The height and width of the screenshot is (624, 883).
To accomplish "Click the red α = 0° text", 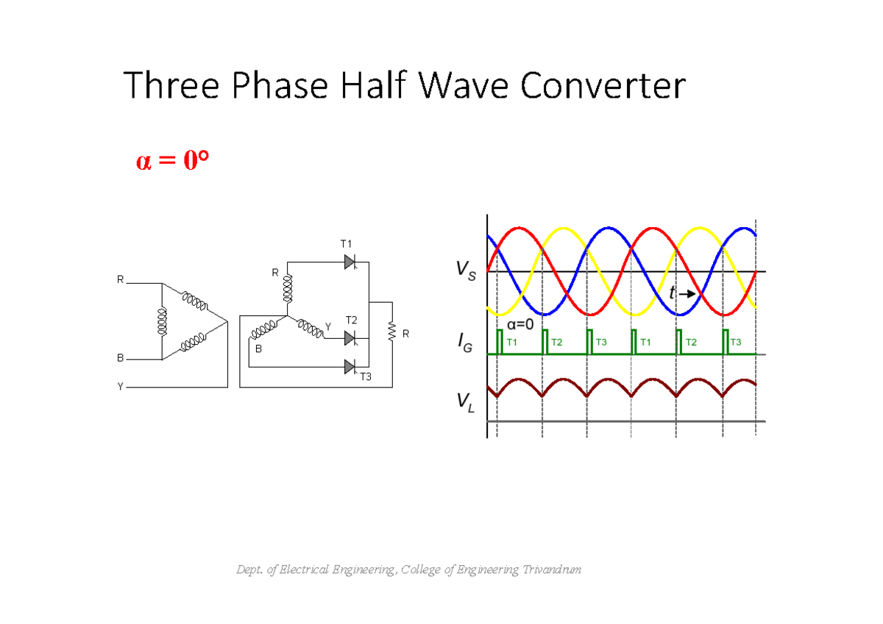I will pyautogui.click(x=167, y=162).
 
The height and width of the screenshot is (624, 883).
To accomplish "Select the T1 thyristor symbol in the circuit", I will pyautogui.click(x=350, y=262).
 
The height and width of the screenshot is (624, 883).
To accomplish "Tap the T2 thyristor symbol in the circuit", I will pyautogui.click(x=350, y=338).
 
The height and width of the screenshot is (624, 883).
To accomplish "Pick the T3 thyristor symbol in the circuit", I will pyautogui.click(x=350, y=366).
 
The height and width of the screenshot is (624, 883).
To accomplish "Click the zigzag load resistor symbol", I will pyautogui.click(x=391, y=331).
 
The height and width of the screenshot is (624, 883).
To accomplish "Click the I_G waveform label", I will pyautogui.click(x=465, y=342).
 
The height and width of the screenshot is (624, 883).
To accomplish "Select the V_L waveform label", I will pyautogui.click(x=465, y=402).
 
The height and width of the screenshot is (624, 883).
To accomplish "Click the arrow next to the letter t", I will pyautogui.click(x=687, y=294).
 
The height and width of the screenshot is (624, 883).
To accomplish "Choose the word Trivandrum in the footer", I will pyautogui.click(x=552, y=570).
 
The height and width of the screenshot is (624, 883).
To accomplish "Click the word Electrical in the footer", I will pyautogui.click(x=299, y=570).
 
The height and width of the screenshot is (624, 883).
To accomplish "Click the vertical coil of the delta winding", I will pyautogui.click(x=161, y=321).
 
